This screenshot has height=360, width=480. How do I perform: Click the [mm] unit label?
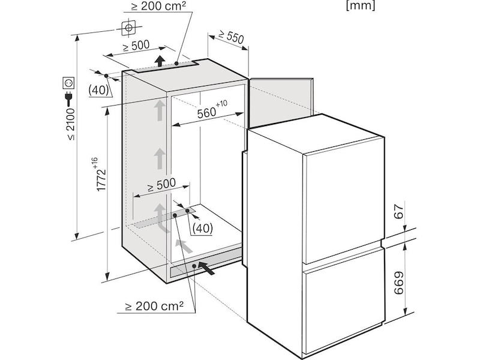point(361,6)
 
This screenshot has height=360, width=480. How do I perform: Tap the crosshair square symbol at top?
point(128,28)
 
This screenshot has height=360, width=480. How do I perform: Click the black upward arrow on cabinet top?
point(160,61)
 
